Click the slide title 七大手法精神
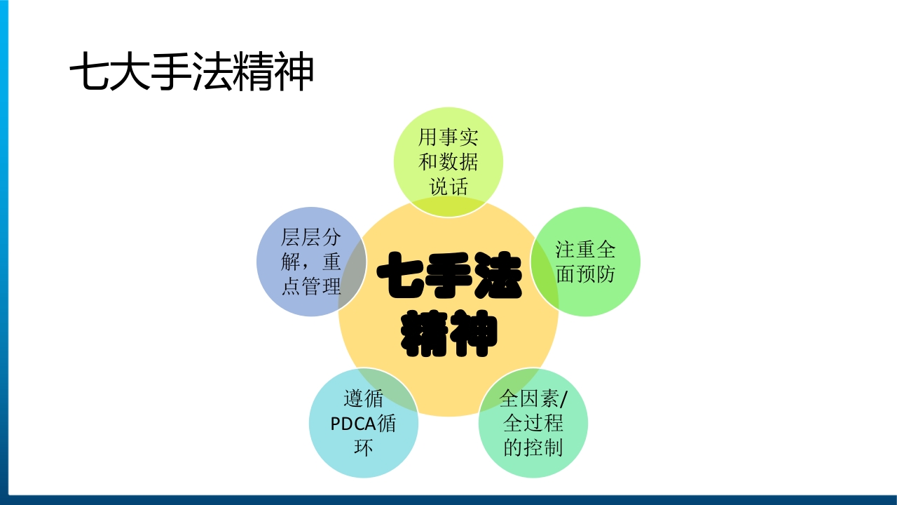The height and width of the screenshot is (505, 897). (x=191, y=73)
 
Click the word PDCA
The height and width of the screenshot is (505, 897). (x=353, y=424)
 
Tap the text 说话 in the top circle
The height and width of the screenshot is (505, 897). (x=448, y=187)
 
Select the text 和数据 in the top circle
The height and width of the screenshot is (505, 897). (x=448, y=162)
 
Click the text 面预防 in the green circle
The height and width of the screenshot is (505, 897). (x=586, y=274)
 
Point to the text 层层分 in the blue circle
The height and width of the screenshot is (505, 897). (x=311, y=237)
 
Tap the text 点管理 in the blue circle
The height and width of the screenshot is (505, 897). (x=311, y=286)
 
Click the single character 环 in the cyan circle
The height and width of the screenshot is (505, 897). (x=363, y=448)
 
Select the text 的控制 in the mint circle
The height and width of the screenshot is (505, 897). (x=533, y=447)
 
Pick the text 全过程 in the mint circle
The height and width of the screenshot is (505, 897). (x=533, y=424)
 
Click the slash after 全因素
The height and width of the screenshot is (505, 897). (x=565, y=400)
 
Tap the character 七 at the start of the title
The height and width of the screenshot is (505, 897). (x=89, y=73)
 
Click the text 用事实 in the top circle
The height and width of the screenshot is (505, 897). (x=448, y=137)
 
